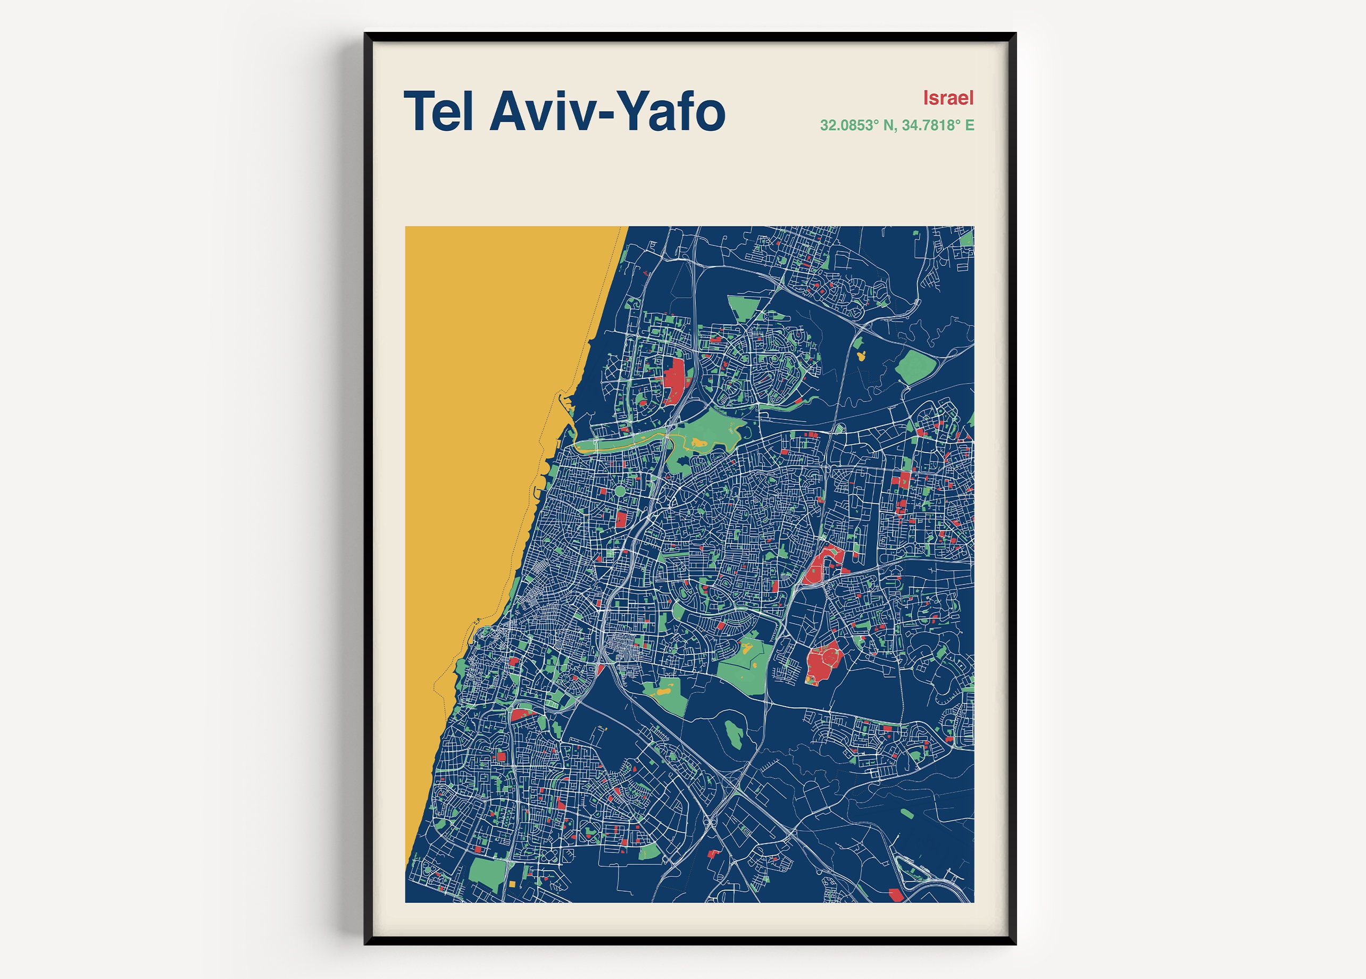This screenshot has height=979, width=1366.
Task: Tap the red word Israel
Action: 948,97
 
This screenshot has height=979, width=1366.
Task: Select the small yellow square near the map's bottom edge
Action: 513,884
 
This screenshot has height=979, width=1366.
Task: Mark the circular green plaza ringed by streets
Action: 620,491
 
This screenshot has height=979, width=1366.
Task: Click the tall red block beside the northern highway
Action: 674,381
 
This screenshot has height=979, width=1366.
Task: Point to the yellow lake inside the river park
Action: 698,442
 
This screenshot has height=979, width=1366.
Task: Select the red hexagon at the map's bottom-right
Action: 896,896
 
